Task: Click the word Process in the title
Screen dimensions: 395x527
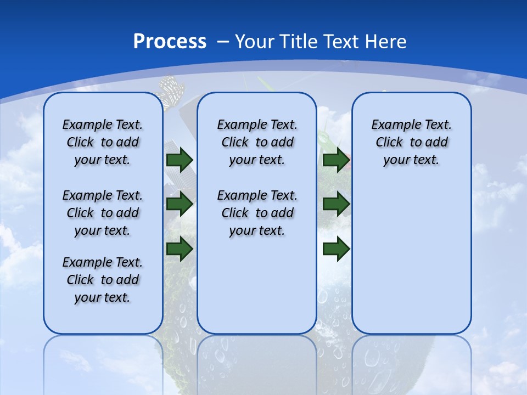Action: coord(170,42)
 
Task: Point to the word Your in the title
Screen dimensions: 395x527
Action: coord(255,42)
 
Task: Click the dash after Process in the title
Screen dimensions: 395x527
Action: coord(223,42)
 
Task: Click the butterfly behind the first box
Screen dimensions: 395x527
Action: coord(171,91)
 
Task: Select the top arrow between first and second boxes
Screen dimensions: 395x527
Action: coord(180,160)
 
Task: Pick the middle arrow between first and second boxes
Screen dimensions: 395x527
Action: coord(180,205)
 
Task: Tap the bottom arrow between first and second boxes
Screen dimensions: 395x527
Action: coord(180,249)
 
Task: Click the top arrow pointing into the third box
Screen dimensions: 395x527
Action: coord(336,160)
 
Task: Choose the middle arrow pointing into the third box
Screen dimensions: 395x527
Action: coord(336,205)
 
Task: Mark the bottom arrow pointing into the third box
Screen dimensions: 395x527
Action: coord(336,249)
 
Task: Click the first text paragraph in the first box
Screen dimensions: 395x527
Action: coord(103,142)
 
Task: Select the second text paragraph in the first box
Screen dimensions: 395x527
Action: coord(103,213)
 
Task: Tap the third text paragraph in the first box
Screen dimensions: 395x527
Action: coord(103,280)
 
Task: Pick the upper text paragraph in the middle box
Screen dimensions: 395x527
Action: coord(257,142)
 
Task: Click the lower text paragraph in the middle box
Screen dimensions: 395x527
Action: coord(257,213)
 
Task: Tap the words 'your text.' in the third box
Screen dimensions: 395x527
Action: coord(411,160)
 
